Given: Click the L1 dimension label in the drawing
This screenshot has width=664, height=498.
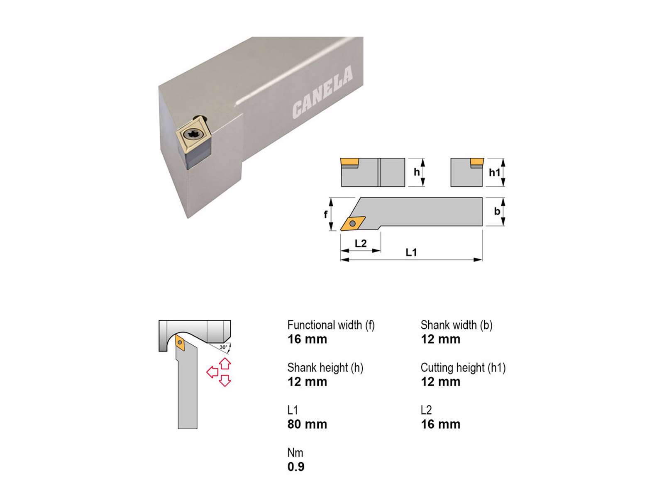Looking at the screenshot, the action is click(411, 252).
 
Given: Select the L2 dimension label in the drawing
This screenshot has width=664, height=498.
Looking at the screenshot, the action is click(361, 243).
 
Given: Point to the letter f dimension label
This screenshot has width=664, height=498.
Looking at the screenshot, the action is click(325, 215).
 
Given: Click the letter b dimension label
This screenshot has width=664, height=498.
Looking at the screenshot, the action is click(497, 211).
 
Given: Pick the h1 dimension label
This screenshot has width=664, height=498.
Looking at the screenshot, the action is click(495, 172).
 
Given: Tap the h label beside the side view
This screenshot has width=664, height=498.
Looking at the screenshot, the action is click(417, 172).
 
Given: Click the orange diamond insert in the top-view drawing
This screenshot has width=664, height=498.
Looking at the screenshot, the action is click(353, 223).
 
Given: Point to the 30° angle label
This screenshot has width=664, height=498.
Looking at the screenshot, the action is click(223, 347).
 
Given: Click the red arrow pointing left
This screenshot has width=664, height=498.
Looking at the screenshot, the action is click(212, 372).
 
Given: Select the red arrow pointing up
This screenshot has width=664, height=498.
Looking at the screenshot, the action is click(225, 364).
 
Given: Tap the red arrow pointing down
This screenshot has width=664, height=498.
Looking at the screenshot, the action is click(225, 381).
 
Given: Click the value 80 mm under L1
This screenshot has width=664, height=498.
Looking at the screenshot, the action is click(307, 424).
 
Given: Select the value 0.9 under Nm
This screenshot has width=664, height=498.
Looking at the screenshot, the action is click(296, 467).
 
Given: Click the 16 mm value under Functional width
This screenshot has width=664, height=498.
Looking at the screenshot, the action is click(307, 339).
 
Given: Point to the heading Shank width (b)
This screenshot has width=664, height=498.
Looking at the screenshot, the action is click(456, 325).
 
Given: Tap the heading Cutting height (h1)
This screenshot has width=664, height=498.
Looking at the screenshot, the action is click(463, 368).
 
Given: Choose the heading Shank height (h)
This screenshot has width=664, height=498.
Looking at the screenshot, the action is click(325, 368).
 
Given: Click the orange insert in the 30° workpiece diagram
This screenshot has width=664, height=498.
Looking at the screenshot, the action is click(180, 343).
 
